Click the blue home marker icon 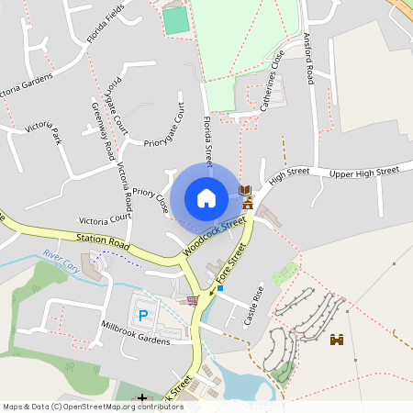pyautogui.click(x=206, y=197)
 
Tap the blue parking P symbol pyautogui.click(x=142, y=315)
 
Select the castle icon pyautogui.click(x=337, y=340)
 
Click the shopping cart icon pyautogui.click(x=192, y=299)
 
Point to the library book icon pyautogui.click(x=245, y=191)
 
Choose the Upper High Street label pyautogui.click(x=364, y=172)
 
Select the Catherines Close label pyautogui.click(x=273, y=81)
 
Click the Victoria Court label pyautogui.click(x=106, y=220)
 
